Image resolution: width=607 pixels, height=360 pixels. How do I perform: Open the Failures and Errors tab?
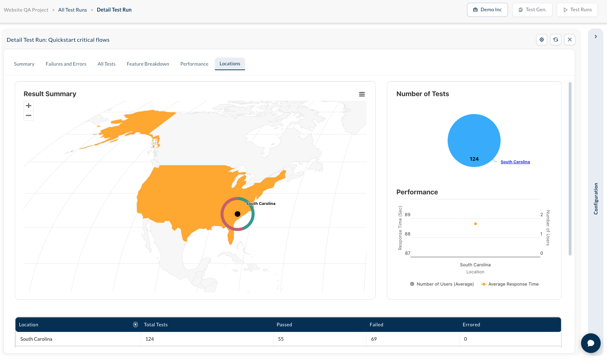click(x=66, y=64)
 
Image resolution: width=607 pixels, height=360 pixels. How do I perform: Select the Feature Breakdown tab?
click(x=148, y=64)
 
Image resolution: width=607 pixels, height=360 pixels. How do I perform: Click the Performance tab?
click(x=194, y=64)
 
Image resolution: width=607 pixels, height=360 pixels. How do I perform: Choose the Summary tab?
click(x=24, y=64)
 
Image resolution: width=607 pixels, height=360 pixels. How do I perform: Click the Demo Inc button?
click(x=487, y=10)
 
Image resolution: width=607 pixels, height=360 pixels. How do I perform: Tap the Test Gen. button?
click(x=532, y=10)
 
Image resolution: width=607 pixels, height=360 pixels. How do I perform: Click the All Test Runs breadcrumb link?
click(x=72, y=10)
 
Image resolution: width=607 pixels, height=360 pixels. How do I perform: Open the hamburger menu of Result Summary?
click(x=362, y=94)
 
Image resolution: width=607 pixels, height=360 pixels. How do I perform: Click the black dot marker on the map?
click(x=237, y=214)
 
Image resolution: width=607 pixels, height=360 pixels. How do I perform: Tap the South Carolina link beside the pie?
click(x=515, y=162)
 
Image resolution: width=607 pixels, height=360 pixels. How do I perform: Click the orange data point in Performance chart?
click(x=475, y=224)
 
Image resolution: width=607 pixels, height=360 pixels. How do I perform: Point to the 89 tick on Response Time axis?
click(x=408, y=215)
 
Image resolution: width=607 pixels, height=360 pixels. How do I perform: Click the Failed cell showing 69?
click(x=413, y=339)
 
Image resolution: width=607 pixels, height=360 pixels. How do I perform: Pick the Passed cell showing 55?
click(x=320, y=339)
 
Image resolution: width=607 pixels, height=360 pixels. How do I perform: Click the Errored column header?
click(x=471, y=325)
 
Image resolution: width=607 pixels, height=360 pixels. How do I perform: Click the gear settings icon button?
click(x=542, y=40)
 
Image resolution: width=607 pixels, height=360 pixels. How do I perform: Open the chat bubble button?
click(x=591, y=343)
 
